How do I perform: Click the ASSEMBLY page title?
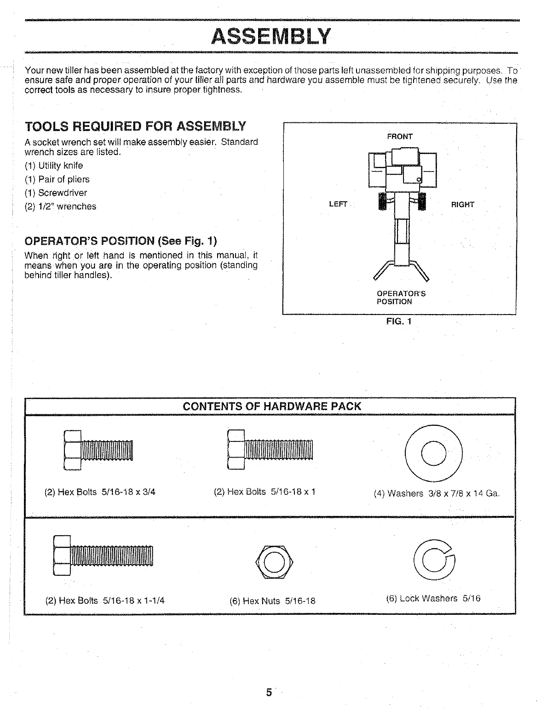click(x=270, y=36)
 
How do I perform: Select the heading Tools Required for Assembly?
click(x=135, y=126)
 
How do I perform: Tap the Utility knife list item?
click(x=54, y=166)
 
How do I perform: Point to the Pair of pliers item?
click(x=57, y=179)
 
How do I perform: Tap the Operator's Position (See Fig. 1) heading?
click(x=120, y=241)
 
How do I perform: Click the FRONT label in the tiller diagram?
click(x=400, y=137)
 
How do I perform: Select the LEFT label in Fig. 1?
click(x=338, y=204)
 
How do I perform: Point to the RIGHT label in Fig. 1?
click(x=462, y=205)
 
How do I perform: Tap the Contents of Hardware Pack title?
click(x=272, y=407)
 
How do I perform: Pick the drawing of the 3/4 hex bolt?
click(x=98, y=450)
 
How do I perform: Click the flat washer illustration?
click(x=433, y=452)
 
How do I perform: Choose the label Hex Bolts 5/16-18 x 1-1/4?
click(x=105, y=600)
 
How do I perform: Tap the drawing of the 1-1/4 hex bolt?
click(x=104, y=555)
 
